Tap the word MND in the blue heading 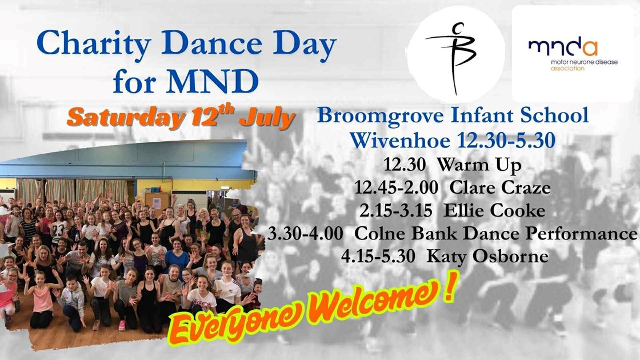213,81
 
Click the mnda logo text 563,48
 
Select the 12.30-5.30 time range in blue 506,140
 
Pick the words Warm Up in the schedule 479,165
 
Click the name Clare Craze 500,187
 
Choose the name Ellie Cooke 494,210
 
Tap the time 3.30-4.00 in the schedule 305,233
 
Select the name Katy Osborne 487,257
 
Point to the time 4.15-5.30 378,257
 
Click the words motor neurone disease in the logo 584,62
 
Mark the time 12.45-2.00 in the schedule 396,187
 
